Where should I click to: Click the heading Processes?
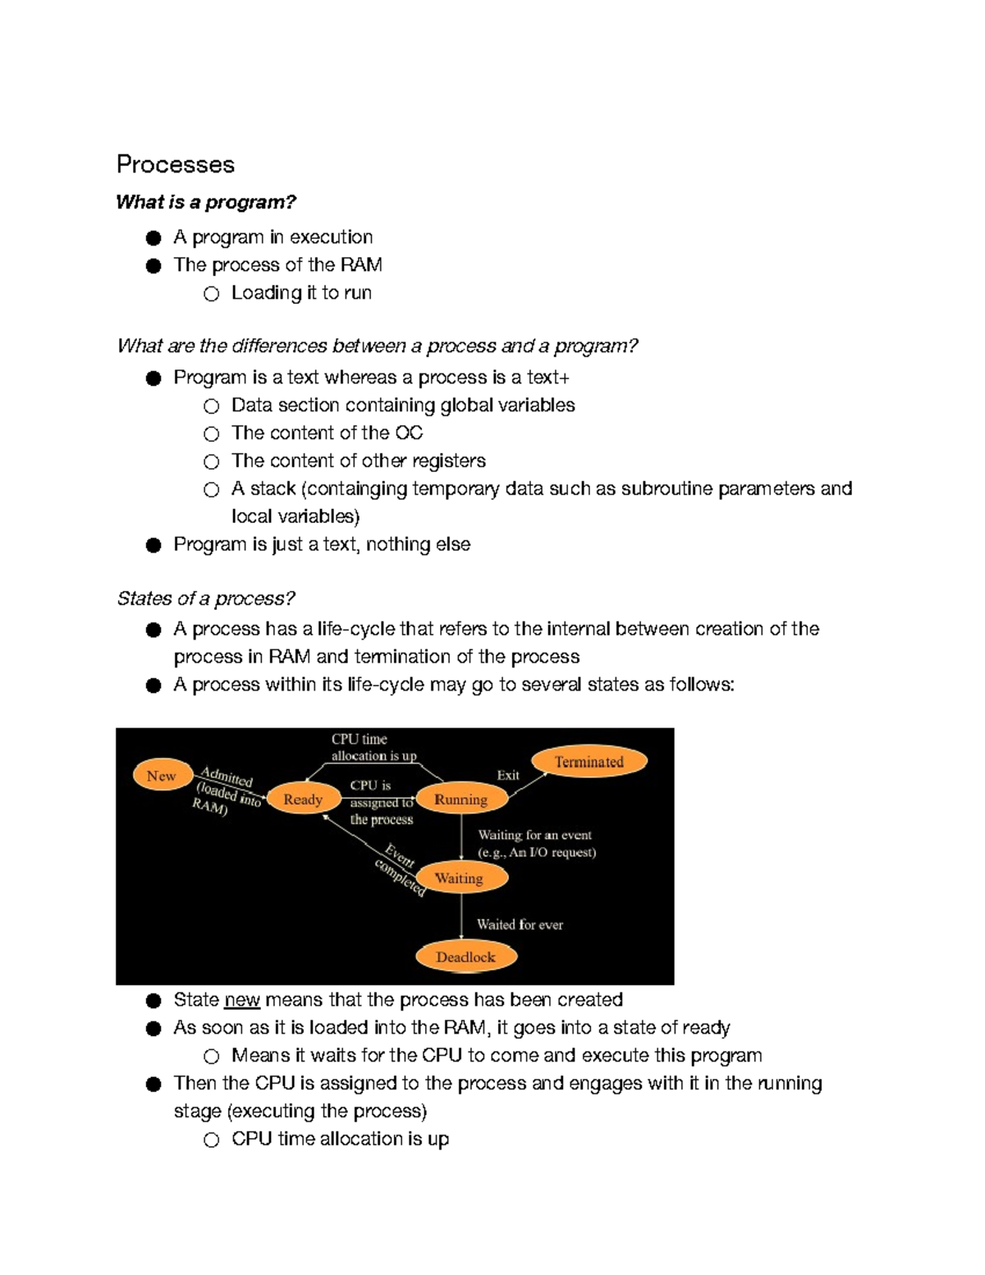pos(175,164)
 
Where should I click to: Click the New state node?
pos(162,776)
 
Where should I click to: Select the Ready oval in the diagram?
pos(303,799)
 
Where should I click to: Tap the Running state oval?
pos(460,799)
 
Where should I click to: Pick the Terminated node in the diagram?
pos(589,762)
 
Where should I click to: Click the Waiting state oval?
pos(459,878)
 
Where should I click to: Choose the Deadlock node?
pos(465,956)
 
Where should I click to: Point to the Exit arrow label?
pos(507,775)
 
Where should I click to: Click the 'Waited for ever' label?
pos(520,924)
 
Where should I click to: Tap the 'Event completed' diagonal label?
pos(400,869)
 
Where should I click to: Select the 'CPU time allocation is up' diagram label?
pos(373,747)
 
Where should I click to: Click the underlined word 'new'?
pos(241,1000)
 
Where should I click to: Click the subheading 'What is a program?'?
pos(205,202)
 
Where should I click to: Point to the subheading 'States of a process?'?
pos(205,599)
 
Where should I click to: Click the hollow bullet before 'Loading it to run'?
pos(212,294)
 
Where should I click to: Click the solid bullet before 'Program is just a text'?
pos(153,546)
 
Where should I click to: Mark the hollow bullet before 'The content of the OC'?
pos(212,434)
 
